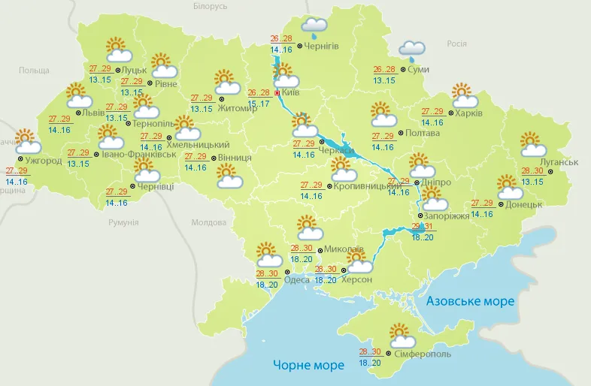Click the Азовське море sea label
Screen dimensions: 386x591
470,301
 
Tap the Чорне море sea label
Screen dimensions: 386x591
308,365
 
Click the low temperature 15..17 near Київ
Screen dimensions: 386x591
260,103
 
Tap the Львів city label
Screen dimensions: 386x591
94,113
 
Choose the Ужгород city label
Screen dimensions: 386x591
43,161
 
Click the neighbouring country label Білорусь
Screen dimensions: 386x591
210,7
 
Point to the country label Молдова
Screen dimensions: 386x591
208,223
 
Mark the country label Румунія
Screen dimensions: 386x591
123,223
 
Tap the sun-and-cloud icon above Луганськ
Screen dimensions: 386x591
533,143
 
